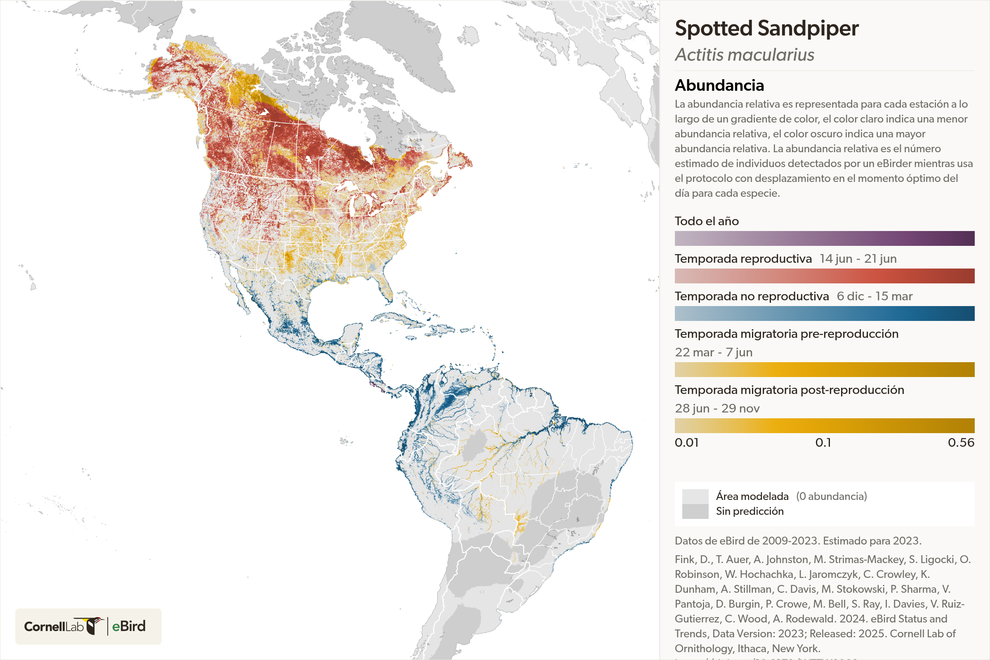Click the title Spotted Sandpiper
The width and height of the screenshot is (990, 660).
click(x=766, y=28)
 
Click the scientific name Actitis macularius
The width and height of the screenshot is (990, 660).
click(x=744, y=55)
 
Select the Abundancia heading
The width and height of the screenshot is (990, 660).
click(x=719, y=85)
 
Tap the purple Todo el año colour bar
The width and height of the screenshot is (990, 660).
click(x=824, y=238)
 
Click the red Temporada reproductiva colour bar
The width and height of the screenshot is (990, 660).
click(x=824, y=276)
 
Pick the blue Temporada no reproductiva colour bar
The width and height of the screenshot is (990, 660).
click(x=824, y=313)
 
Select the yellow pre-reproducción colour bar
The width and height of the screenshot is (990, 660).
click(x=824, y=369)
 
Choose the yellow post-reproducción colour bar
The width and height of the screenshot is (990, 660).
click(x=824, y=426)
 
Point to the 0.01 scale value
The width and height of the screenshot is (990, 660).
click(x=686, y=443)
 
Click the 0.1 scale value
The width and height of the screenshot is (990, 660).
click(x=823, y=443)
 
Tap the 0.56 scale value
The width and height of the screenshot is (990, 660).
click(x=961, y=443)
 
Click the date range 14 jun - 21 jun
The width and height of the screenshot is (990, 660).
click(x=858, y=259)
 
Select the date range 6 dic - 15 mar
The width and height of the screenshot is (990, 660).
click(x=874, y=296)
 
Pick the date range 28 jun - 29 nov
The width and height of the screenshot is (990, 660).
click(x=717, y=408)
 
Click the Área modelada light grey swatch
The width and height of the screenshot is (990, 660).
click(x=695, y=496)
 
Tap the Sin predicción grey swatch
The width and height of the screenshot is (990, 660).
click(x=695, y=511)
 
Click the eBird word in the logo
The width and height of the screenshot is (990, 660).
click(x=128, y=626)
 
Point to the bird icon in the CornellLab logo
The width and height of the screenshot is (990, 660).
click(x=95, y=625)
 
